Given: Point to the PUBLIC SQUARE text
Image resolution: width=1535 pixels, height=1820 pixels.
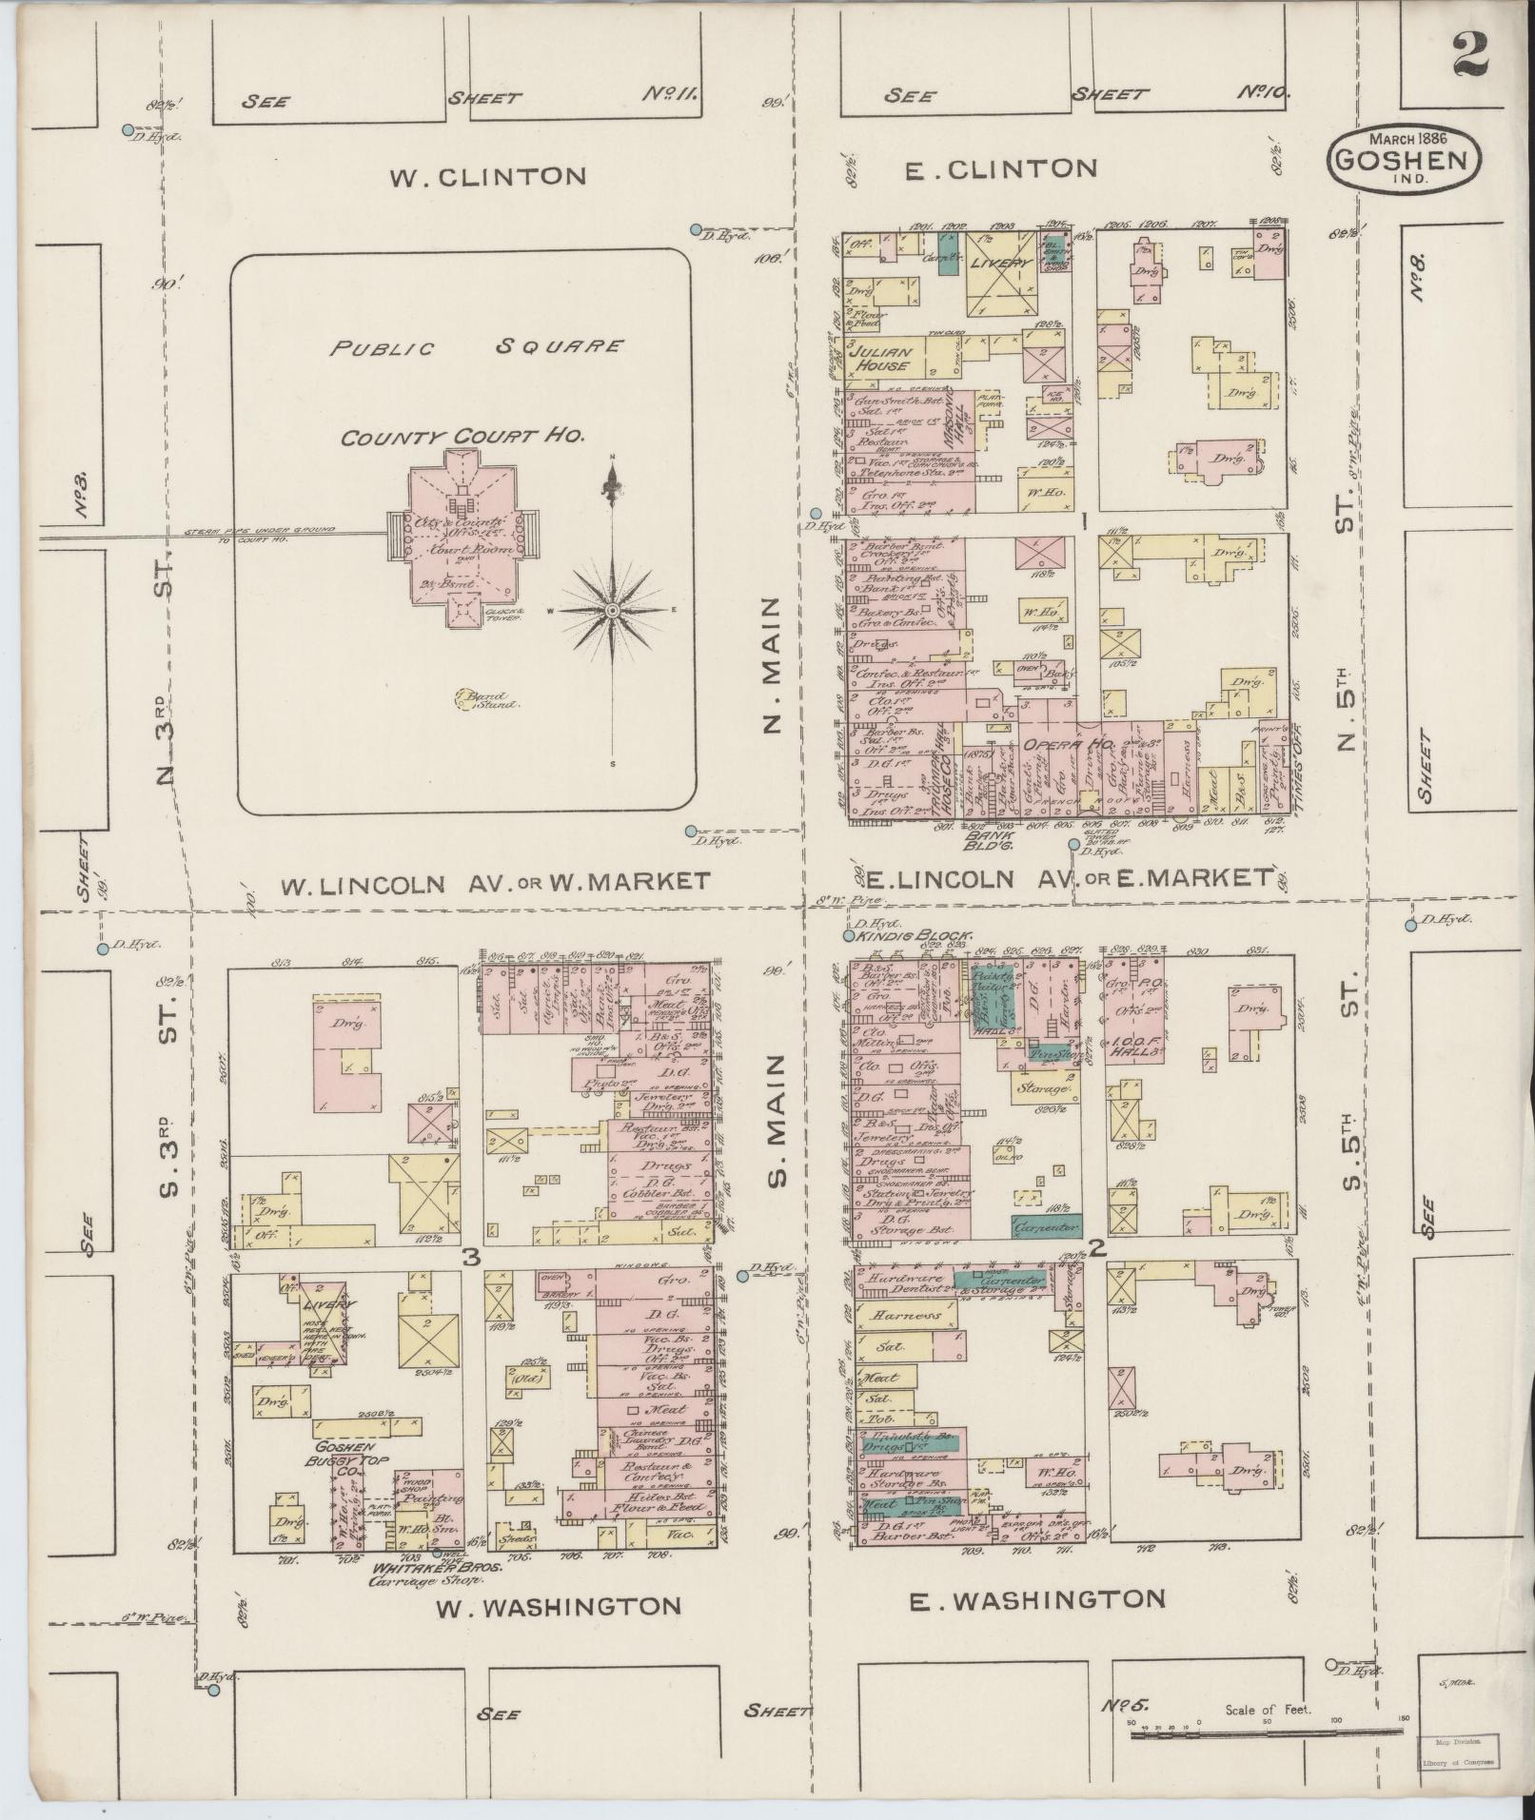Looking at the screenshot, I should coord(476,347).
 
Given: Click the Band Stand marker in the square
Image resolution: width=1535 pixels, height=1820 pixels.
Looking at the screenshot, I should coord(484,700).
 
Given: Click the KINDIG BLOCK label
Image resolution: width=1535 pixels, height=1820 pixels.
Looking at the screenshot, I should coord(914,936).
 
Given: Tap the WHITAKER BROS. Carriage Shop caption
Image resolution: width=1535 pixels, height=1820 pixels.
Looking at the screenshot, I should coord(426,1572).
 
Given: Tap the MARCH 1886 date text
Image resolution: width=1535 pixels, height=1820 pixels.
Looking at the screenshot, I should coord(1404,137).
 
